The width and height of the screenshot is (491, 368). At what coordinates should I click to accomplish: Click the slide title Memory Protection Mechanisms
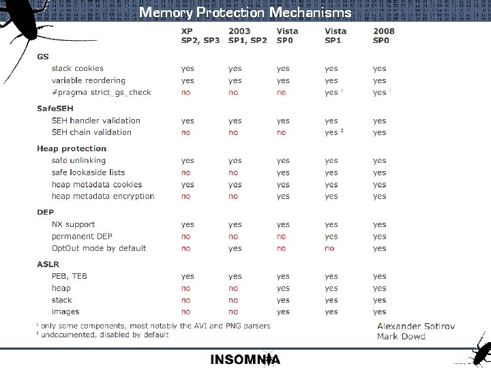coord(245,12)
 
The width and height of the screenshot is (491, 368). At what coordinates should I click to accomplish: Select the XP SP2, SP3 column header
coord(200,36)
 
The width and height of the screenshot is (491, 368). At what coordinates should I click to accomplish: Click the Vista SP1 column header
coord(336,36)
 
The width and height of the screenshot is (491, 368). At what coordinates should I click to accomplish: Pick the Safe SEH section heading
coord(55,108)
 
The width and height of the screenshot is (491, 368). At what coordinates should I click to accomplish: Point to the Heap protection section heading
coord(72,149)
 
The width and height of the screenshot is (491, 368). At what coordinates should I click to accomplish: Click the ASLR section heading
coord(48,264)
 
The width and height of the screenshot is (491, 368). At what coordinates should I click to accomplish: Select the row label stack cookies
coord(78,68)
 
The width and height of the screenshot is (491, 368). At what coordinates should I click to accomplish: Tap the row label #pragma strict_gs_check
coord(102,92)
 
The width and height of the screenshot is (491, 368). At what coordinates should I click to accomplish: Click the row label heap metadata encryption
coord(103,196)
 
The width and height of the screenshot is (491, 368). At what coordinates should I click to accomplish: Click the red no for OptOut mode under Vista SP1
coord(329,249)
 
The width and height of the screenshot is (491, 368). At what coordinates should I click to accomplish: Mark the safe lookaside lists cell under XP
coord(185,172)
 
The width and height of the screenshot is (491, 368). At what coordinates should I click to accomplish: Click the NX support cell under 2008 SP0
coord(379,224)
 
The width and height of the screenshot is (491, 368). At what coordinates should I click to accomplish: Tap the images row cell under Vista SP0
coord(283,311)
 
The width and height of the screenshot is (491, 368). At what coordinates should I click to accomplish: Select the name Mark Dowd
coord(401,336)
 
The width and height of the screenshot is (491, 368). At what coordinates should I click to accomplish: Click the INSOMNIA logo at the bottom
coord(245,359)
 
